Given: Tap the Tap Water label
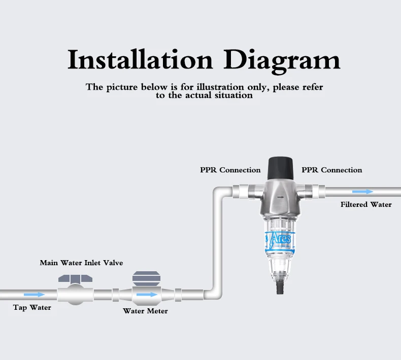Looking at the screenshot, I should [x=32, y=307].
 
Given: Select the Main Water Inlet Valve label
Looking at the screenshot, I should [x=81, y=263].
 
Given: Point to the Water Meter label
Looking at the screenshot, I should [x=145, y=310].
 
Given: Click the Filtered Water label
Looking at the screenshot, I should [x=366, y=204].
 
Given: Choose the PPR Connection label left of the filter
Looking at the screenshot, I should [x=230, y=170].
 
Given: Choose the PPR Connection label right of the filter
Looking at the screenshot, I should [x=332, y=170].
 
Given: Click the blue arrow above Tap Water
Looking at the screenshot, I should [x=34, y=294].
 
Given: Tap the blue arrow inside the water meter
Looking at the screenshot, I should [x=147, y=294].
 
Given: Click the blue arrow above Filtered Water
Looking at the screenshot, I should [x=362, y=192].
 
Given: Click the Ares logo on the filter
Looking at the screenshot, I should [x=280, y=238].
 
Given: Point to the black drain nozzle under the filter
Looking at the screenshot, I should [x=277, y=288].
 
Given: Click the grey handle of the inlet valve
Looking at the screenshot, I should [x=75, y=279].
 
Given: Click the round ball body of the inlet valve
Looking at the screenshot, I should [x=75, y=294].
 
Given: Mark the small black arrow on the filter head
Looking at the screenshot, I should [x=280, y=196].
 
